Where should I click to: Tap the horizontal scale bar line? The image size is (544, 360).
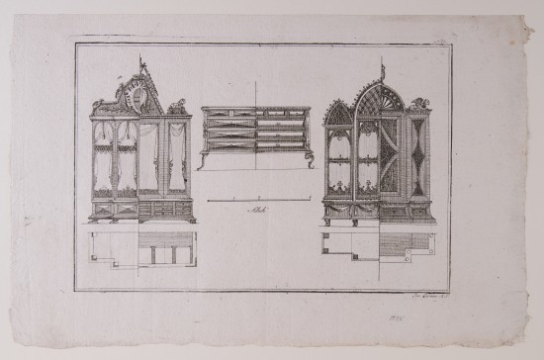tap(258, 200)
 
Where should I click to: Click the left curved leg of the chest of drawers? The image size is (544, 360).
tap(204, 159)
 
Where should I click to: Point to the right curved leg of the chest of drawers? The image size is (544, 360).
tap(310, 159)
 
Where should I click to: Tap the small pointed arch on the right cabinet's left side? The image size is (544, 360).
tap(339, 114)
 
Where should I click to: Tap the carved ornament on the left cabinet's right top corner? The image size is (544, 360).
tap(179, 105)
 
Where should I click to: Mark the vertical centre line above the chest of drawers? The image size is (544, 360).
tap(256, 92)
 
